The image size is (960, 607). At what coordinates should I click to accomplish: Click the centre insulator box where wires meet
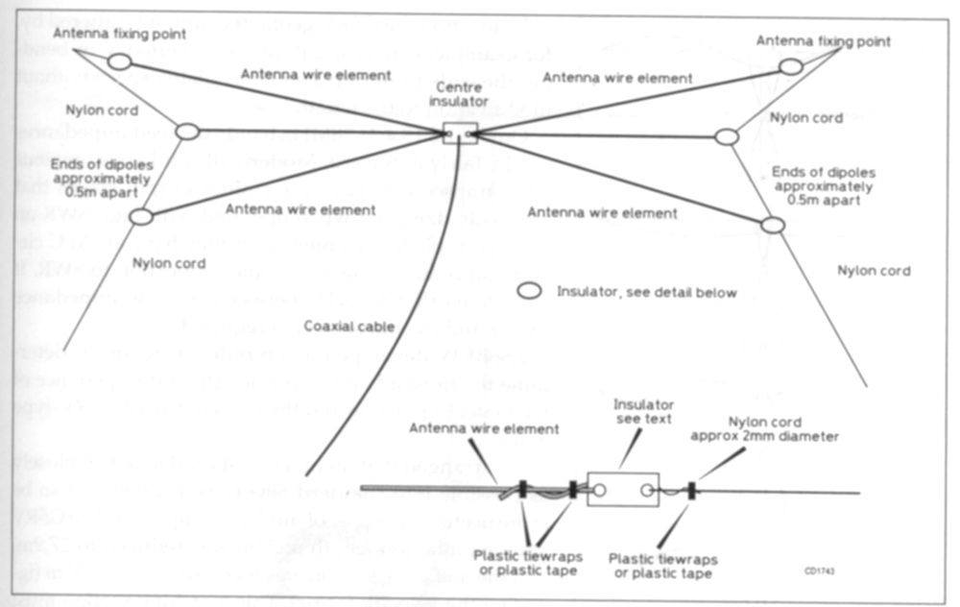[x=460, y=133]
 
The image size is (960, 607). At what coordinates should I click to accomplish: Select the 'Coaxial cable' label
[x=349, y=327]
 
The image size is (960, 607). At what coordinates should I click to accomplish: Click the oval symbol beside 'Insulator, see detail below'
[x=528, y=290]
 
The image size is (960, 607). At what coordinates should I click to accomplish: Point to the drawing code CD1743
[x=820, y=569]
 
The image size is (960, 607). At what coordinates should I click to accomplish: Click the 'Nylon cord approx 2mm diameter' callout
[x=778, y=428]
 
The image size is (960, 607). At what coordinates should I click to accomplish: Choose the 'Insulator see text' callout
[x=645, y=412]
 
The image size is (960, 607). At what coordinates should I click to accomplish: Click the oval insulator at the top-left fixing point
[x=119, y=61]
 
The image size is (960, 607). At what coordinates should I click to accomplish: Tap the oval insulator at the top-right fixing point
[x=790, y=65]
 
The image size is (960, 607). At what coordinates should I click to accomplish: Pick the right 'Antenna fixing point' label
[x=823, y=41]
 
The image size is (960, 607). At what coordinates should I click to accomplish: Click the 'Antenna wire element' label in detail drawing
[x=484, y=428]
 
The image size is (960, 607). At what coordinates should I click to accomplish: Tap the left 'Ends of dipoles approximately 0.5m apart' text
[x=102, y=179]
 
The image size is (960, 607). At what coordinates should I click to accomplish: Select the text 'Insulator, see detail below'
[x=646, y=291]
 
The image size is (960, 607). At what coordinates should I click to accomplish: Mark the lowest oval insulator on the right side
[x=772, y=225]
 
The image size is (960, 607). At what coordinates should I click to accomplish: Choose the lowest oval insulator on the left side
[x=141, y=217]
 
